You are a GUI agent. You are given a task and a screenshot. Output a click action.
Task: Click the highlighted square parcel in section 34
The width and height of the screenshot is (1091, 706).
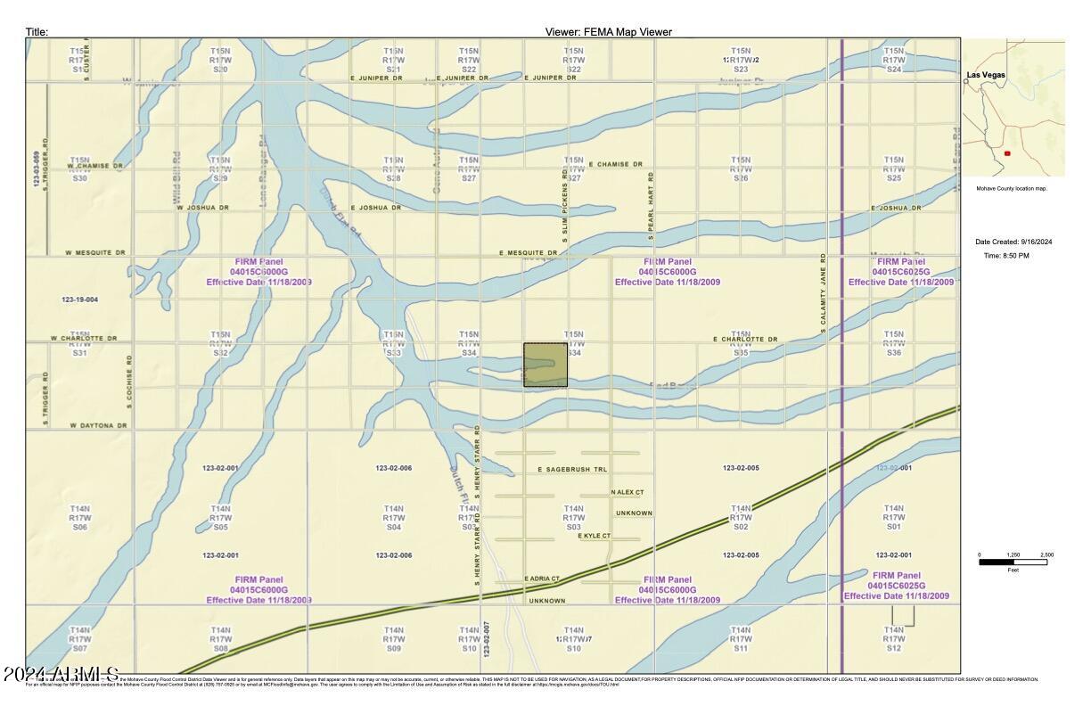click(x=545, y=365)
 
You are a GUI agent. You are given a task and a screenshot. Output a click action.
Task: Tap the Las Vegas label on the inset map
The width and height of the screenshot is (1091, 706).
click(x=988, y=75)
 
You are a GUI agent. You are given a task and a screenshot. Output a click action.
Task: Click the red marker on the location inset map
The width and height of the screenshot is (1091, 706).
click(x=1007, y=153)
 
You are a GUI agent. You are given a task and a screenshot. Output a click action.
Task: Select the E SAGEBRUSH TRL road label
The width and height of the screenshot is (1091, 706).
click(x=572, y=469)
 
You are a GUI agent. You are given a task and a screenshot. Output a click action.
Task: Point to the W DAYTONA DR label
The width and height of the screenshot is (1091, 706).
click(x=98, y=426)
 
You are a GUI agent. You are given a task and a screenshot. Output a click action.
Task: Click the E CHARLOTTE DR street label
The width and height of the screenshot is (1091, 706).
click(x=745, y=340)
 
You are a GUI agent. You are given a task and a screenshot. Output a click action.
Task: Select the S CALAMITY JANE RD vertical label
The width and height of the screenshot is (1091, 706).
click(x=824, y=294)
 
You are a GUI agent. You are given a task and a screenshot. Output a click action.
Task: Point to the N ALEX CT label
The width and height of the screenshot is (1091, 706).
click(x=628, y=492)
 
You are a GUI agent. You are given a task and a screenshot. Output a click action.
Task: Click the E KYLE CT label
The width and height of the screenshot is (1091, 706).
click(x=594, y=536)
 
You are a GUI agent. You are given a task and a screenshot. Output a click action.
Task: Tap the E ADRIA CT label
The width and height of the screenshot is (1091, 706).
click(x=542, y=579)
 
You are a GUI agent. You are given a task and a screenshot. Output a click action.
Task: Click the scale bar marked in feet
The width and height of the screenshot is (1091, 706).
click(x=1013, y=562)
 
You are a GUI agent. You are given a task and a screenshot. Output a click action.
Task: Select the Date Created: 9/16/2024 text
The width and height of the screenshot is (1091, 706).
click(x=1013, y=242)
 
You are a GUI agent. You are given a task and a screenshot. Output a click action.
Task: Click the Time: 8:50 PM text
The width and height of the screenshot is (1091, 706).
click(x=1006, y=256)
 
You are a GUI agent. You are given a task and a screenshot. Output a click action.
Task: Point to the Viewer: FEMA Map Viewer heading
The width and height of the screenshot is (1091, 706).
click(x=608, y=32)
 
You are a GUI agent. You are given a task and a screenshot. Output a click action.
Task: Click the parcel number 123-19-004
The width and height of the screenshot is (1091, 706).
click(x=80, y=300)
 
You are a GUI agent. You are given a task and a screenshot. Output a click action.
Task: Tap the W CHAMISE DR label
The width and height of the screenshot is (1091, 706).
click(x=95, y=166)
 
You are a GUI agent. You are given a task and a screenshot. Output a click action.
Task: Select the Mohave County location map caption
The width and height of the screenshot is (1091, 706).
click(x=1011, y=189)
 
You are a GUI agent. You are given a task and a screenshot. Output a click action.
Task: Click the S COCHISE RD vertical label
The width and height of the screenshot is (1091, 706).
click(x=130, y=382)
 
